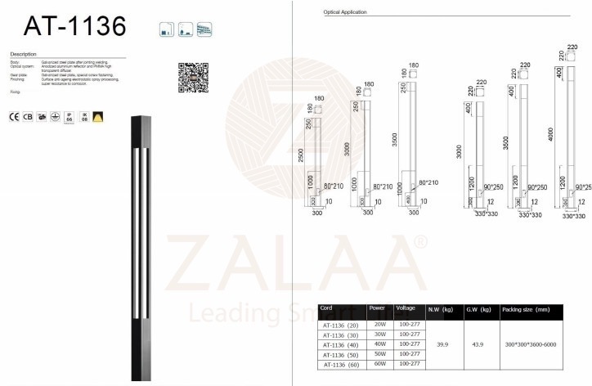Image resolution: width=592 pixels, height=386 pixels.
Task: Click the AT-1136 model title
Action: [75, 26]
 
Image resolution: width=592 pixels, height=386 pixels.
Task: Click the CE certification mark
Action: [14, 118]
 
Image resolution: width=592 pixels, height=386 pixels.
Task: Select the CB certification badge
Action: [28, 118]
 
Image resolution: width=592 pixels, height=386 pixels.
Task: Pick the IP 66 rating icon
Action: [69, 118]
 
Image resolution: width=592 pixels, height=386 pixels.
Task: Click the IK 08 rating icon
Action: [83, 118]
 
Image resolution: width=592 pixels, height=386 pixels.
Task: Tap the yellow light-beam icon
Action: [98, 118]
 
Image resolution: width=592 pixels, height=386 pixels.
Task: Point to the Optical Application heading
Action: [346, 13]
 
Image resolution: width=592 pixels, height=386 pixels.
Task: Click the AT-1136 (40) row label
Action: [341, 344]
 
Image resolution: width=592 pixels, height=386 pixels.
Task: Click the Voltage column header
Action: [406, 309]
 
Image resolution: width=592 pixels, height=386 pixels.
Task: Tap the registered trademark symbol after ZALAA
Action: [419, 242]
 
